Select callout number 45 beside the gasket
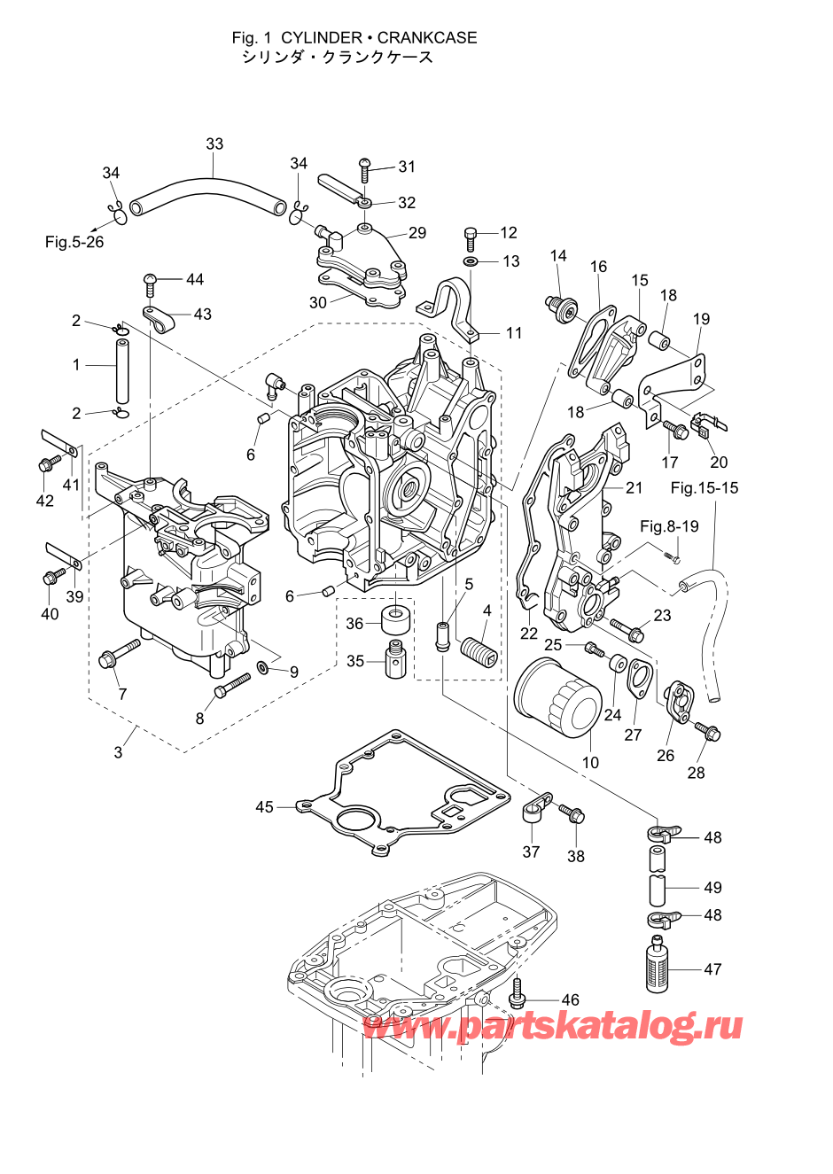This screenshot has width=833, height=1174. [265, 806]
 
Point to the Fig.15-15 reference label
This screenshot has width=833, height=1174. [705, 488]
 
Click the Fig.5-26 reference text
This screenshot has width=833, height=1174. [74, 242]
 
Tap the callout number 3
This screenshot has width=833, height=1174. [119, 752]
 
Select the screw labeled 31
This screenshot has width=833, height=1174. [365, 170]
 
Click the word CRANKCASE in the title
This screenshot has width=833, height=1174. [427, 38]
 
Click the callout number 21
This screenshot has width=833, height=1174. [634, 488]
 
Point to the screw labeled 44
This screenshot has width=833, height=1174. [151, 285]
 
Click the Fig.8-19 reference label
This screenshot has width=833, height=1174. [669, 526]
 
